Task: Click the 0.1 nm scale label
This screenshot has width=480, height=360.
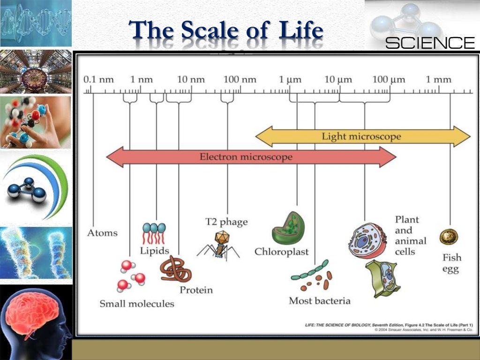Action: pos(98,79)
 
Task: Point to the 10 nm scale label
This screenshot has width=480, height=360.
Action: pos(191,79)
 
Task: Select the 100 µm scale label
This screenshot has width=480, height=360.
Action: pos(389,79)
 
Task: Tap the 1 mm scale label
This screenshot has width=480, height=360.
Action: pos(438,79)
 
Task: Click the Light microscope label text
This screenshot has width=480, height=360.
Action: pos(361,136)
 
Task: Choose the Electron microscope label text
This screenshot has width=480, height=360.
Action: pos(246,157)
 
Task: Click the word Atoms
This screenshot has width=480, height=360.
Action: pos(102,233)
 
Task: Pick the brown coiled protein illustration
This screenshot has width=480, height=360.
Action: pos(175,269)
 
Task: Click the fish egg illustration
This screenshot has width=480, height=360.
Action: pos(449,237)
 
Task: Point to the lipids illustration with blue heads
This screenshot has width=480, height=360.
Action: pos(154,233)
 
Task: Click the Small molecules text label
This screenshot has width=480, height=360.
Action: pos(136,304)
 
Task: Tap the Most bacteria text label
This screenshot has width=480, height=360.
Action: pos(319,301)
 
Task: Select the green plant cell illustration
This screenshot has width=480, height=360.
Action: pos(383,278)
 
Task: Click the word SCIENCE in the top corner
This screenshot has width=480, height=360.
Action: pos(430,43)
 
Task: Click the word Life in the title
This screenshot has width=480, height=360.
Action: pos(300,31)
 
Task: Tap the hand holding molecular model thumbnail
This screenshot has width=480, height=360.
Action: pos(36,122)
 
